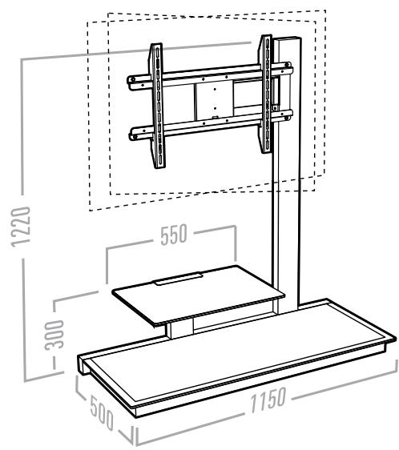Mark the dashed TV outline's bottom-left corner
click(x=87, y=211)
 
